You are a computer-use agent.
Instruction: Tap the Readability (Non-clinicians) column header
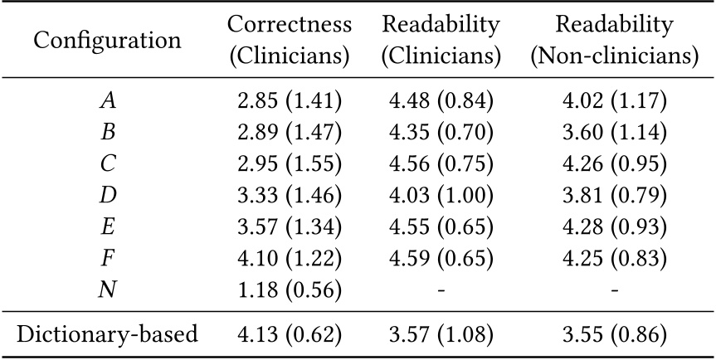point(613,41)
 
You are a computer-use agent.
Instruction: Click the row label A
point(108,101)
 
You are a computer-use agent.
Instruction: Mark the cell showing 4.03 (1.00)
point(441,196)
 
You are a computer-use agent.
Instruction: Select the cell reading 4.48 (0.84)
point(441,101)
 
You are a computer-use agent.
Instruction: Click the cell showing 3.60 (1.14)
point(613,133)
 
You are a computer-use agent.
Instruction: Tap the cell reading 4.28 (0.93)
point(613,227)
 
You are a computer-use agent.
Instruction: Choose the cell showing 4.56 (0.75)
point(441,164)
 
